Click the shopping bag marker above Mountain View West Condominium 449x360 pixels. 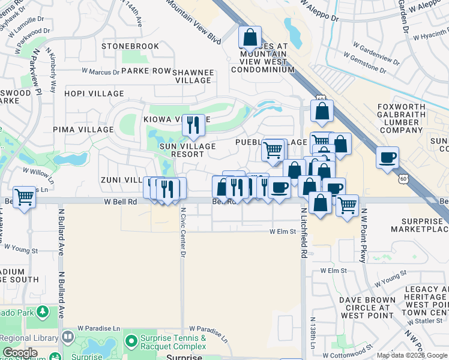point(250,38)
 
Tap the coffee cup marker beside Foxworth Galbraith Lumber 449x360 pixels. point(388,158)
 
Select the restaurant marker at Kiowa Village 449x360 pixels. point(193,125)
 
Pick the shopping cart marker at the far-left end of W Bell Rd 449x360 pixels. point(25,197)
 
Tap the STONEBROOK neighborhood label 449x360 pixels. point(130,46)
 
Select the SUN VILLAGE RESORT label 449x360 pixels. point(187,150)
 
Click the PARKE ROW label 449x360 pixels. point(146,71)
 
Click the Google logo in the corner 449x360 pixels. point(20,353)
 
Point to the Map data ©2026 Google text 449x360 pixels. point(411,355)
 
